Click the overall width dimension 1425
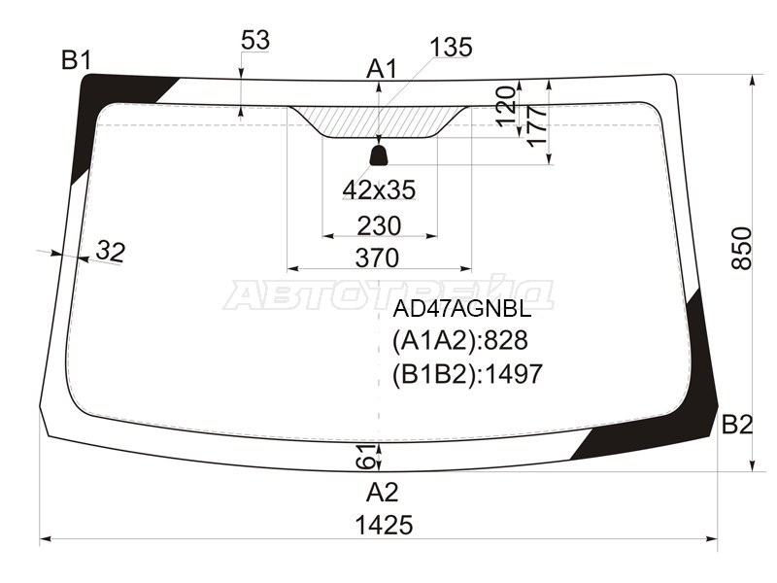tap(384, 526)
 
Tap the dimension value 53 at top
tap(254, 41)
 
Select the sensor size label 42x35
tap(379, 190)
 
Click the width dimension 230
tap(379, 225)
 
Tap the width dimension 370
tap(378, 258)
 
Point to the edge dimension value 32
tap(111, 252)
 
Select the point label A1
tap(382, 69)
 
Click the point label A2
tap(382, 491)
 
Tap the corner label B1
tap(77, 60)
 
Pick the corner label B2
tap(737, 424)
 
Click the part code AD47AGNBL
tap(461, 310)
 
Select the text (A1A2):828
tap(459, 341)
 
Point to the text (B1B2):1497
tap(467, 373)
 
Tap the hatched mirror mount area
tap(379, 121)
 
